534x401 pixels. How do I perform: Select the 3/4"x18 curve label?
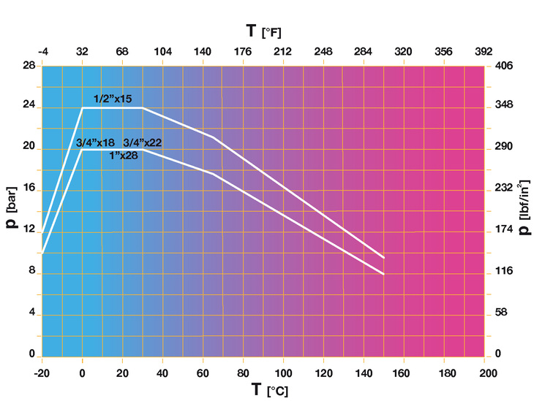[x=95, y=142]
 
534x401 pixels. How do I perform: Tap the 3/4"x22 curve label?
[x=142, y=142]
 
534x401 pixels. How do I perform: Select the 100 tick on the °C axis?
[x=282, y=373]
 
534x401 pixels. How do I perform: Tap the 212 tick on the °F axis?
[x=282, y=52]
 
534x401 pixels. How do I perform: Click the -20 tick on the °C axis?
[x=42, y=373]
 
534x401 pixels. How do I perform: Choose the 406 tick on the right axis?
[x=505, y=66]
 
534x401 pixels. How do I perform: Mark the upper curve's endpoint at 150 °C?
[x=383, y=257]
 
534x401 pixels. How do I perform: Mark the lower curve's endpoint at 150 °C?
[x=383, y=274]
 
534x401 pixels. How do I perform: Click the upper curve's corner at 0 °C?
[x=82, y=108]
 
